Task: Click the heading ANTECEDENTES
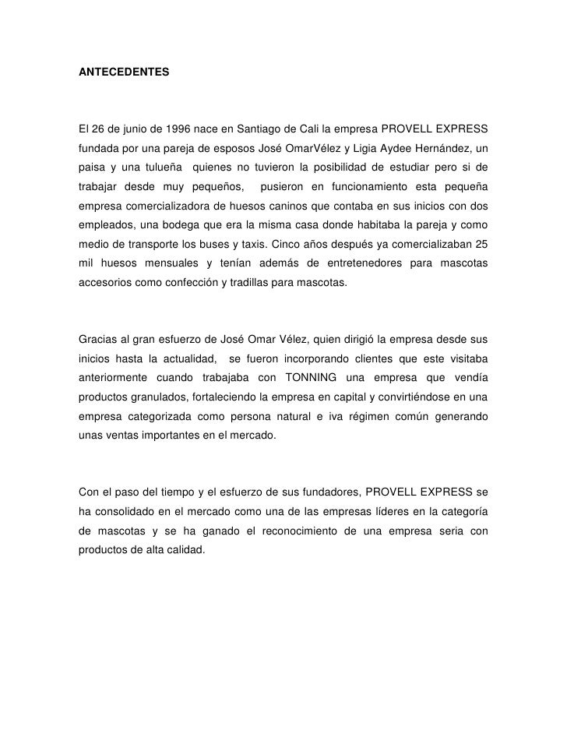123,72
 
